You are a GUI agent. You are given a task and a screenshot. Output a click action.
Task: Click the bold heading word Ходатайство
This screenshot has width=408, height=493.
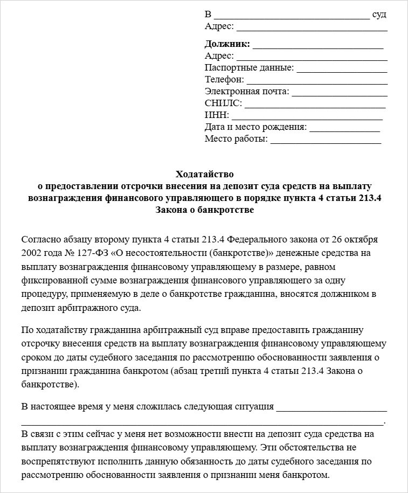click(204, 174)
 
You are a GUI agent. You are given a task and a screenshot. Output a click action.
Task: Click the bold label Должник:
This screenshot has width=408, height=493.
click(227, 44)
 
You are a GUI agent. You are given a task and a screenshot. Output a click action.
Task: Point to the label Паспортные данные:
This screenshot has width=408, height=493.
click(249, 68)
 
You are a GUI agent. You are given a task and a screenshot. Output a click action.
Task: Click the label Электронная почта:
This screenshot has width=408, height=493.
click(247, 92)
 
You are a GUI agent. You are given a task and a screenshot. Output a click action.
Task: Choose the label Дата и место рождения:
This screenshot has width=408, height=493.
click(255, 127)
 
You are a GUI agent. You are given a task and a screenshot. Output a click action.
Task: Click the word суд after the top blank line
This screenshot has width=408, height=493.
click(379, 14)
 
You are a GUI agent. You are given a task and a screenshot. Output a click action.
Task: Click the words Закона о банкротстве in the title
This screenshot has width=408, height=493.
click(204, 211)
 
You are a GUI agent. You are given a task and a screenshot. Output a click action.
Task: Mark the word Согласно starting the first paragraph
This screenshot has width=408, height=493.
click(41, 239)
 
